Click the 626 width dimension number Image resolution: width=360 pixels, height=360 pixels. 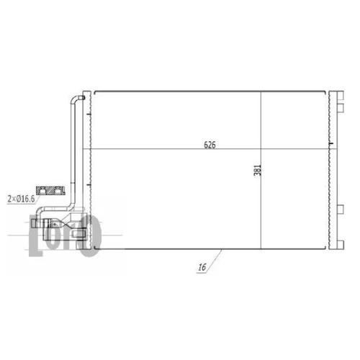coord(210,145)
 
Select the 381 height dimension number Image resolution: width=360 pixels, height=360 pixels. coord(257,170)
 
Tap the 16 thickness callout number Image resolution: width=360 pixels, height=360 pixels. coord(202,267)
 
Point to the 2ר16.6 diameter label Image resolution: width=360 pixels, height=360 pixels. coord(21,199)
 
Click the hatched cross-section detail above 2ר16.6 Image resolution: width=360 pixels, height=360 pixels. coord(50,191)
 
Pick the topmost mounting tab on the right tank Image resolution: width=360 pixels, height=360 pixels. coord(341,95)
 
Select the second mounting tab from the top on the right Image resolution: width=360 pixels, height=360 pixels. coord(341,108)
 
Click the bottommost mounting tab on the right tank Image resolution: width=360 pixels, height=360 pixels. coord(341,245)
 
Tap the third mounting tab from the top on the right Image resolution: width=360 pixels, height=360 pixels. coord(341,210)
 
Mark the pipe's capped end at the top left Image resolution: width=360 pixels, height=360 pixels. coord(82,98)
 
